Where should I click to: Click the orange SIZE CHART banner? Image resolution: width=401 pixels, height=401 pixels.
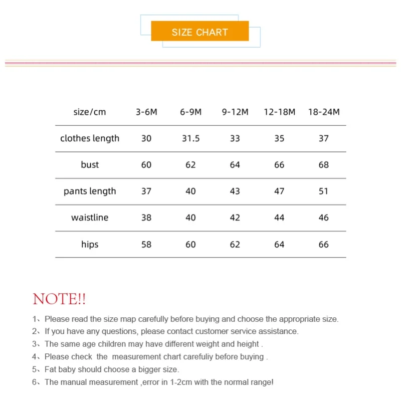199,32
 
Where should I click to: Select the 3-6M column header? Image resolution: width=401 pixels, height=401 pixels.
146,112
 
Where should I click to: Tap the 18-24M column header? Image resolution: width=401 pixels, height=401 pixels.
324,112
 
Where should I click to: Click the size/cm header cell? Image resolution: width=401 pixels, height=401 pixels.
90,112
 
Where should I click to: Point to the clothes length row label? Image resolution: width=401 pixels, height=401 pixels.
90,138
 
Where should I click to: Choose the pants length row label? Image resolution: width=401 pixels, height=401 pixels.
90,191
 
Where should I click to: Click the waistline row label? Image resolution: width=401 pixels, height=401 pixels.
90,218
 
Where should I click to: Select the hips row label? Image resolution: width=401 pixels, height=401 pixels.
90,245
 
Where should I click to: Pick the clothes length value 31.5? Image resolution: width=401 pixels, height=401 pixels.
190,138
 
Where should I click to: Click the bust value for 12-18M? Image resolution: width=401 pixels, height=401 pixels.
279,165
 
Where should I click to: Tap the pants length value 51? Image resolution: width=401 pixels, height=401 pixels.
324,191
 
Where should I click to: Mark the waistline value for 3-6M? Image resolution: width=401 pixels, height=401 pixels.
146,218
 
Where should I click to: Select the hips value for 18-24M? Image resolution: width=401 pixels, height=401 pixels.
324,245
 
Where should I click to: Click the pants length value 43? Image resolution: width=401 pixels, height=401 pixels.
235,191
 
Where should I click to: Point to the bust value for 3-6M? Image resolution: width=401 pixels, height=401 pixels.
146,165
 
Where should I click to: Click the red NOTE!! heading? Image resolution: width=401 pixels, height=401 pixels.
59,300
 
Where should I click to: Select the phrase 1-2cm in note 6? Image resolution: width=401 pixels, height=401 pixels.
170,382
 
